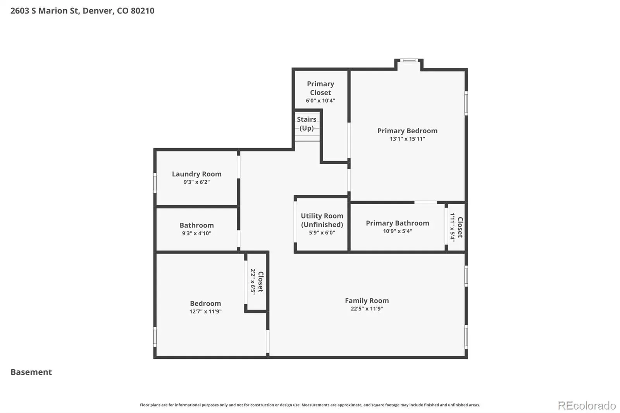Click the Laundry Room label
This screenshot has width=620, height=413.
click(x=196, y=174)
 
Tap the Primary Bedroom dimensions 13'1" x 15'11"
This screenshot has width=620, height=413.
click(x=407, y=139)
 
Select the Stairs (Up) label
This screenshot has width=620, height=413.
click(x=307, y=124)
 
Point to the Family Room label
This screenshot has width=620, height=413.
click(x=367, y=300)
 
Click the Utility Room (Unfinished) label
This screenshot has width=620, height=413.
click(x=322, y=220)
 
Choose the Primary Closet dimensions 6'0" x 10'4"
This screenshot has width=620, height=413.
click(x=320, y=100)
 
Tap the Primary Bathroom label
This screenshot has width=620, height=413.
click(x=398, y=223)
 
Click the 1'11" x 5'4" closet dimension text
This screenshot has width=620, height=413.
click(x=452, y=227)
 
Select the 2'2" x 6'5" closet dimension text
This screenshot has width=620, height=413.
click(x=253, y=282)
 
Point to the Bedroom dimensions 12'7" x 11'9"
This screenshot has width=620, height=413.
click(x=205, y=311)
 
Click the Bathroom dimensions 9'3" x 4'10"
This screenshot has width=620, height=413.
click(x=196, y=233)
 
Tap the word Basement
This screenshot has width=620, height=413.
click(x=31, y=372)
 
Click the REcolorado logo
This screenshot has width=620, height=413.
click(x=587, y=406)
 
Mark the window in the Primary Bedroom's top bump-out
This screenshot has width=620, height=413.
click(x=409, y=60)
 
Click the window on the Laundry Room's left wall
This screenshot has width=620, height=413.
click(x=155, y=183)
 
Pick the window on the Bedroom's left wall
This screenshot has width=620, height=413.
click(x=155, y=337)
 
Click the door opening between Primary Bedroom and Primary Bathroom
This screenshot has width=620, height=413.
click(x=425, y=202)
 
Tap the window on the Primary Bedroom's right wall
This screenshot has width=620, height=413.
click(x=466, y=103)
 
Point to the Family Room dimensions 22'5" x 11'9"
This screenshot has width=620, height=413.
click(x=367, y=309)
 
